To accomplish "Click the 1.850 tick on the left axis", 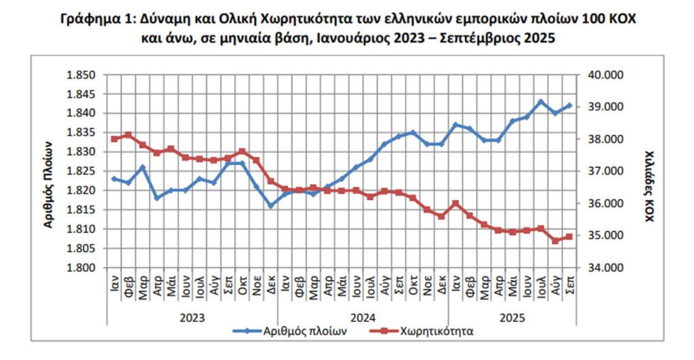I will coord(81,75).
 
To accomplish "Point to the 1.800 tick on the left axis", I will coord(81,268).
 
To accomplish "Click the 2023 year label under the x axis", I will coord(192,316).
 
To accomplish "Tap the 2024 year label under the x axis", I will coord(363,316).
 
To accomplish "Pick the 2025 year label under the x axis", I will coord(512,316).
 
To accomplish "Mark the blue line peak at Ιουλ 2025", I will coord(541,102).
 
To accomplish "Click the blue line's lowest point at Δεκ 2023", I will coord(271,205).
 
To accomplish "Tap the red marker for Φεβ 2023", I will coord(128,135).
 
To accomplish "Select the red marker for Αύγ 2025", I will coord(555,241).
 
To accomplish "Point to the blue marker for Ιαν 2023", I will coord(115,179).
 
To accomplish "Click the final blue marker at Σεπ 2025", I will coord(569,105).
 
